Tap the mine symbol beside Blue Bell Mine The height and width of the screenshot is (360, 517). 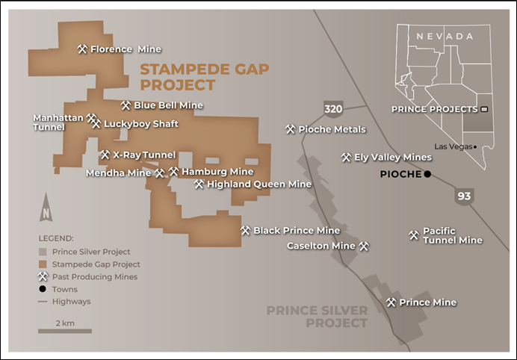click(x=126, y=105)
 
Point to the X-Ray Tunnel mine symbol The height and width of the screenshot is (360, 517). click(x=105, y=155)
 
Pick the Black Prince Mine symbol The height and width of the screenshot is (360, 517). click(x=245, y=230)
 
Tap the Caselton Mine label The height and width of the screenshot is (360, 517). click(x=321, y=246)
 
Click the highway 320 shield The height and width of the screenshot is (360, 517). click(x=333, y=110)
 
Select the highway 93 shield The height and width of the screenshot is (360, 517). click(x=465, y=196)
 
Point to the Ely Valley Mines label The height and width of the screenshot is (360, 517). click(x=392, y=158)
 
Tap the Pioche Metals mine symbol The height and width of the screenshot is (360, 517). click(x=290, y=129)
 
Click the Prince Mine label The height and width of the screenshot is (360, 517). click(x=427, y=302)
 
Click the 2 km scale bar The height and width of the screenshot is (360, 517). click(x=65, y=330)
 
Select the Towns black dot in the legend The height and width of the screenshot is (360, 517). click(x=43, y=289)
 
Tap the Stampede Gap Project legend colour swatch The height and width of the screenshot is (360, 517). click(x=43, y=264)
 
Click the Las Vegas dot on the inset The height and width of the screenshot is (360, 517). click(x=475, y=146)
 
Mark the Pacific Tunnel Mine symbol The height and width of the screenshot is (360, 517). click(x=413, y=235)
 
